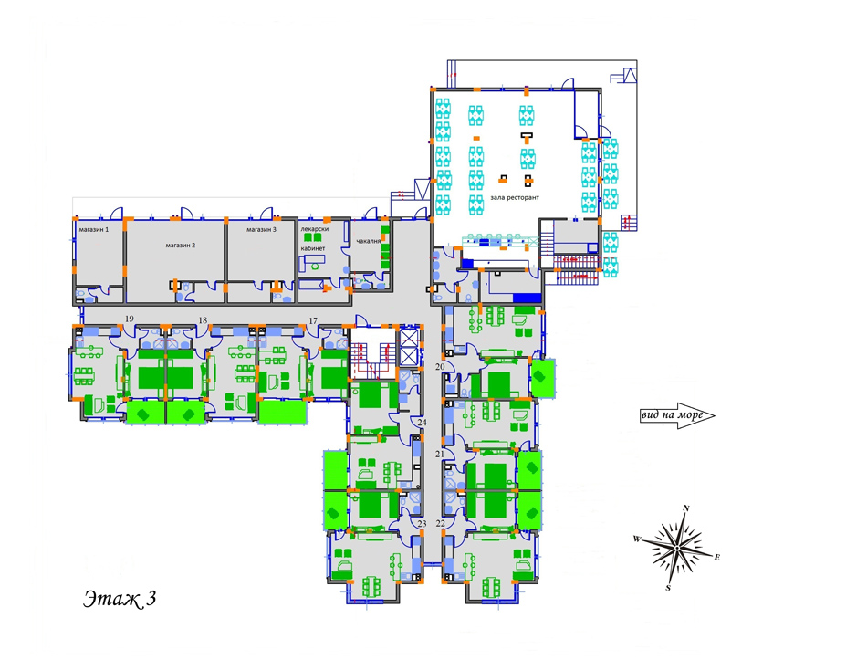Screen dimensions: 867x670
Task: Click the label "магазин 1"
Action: (x=93, y=229)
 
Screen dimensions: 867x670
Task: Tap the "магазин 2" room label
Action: (x=181, y=246)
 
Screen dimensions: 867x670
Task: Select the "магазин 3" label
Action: (x=262, y=229)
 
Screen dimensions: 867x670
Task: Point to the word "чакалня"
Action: (x=369, y=241)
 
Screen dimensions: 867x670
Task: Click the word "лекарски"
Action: (x=315, y=229)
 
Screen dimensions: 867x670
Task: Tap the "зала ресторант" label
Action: (x=514, y=197)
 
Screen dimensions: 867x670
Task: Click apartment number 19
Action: (x=130, y=319)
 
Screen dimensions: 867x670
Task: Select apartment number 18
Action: (x=203, y=320)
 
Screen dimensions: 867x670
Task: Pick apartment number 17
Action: (x=314, y=321)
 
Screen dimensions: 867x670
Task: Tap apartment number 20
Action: (x=440, y=366)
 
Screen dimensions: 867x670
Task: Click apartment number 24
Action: (x=422, y=422)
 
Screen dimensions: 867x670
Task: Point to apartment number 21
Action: (x=440, y=455)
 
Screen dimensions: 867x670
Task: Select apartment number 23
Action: (x=422, y=523)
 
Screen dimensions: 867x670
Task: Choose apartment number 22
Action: (x=441, y=523)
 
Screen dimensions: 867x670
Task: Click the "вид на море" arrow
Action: (x=677, y=415)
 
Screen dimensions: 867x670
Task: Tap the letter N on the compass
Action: (x=686, y=508)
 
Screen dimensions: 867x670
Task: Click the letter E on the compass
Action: (x=717, y=557)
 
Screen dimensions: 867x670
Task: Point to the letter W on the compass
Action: (x=637, y=539)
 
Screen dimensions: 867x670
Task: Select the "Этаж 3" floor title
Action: (x=120, y=599)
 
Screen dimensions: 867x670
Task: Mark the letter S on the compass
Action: (x=668, y=588)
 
